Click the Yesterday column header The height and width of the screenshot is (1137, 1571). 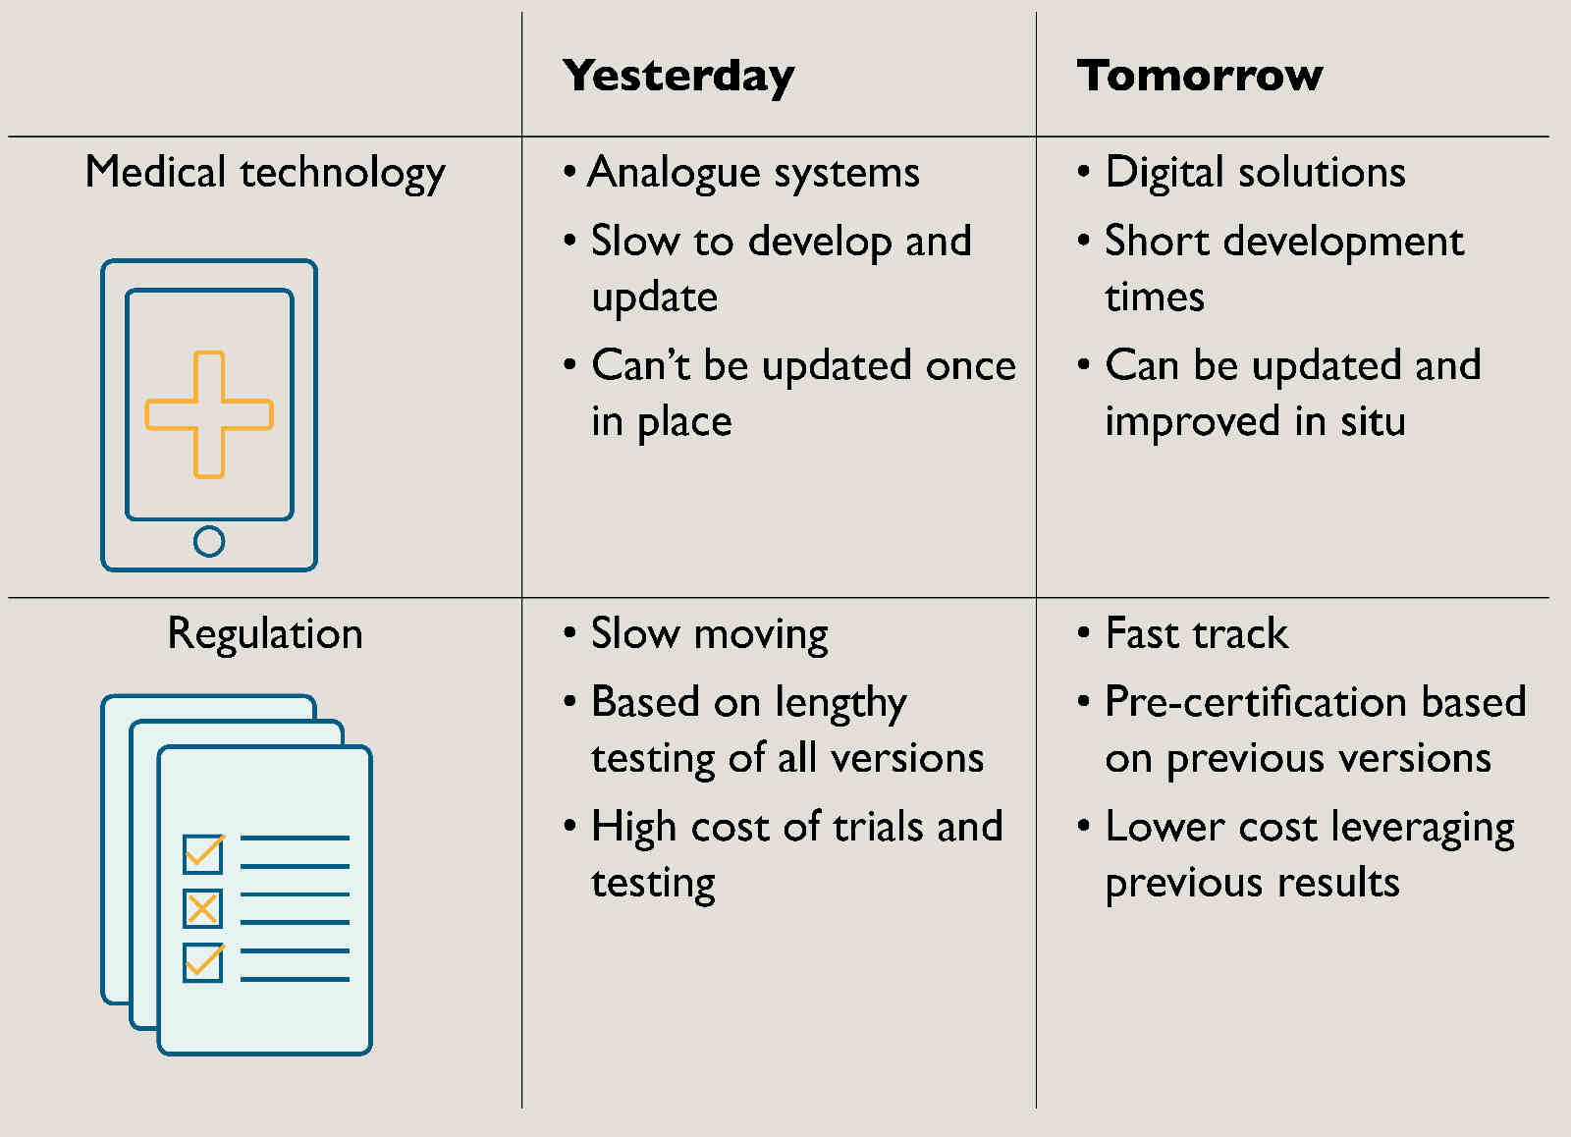tap(678, 77)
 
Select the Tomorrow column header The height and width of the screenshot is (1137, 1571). tap(1199, 75)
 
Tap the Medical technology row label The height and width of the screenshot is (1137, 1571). tap(265, 173)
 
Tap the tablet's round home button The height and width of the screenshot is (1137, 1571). tap(209, 541)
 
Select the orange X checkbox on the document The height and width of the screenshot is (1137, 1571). tap(202, 909)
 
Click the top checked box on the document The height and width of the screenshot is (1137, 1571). tap(203, 853)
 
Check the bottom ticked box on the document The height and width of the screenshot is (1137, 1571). tap(203, 962)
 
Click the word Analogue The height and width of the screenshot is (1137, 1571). tap(674, 173)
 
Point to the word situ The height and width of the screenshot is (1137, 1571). tap(1374, 421)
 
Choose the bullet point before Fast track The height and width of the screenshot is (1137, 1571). tap(1084, 632)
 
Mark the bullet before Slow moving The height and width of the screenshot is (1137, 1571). tap(569, 632)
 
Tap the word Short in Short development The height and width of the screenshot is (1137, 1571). tap(1158, 241)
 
